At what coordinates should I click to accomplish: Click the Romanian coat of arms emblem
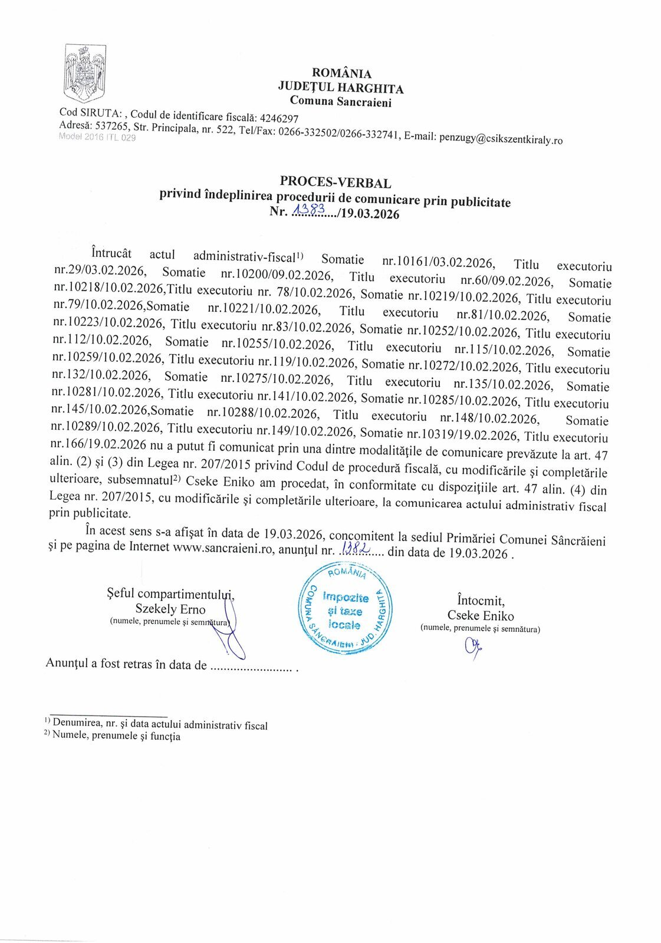(x=85, y=72)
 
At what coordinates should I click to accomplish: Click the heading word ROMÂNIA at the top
(x=341, y=73)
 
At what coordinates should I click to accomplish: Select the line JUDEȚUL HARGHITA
(x=341, y=88)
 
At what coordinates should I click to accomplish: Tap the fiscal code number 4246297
(x=279, y=118)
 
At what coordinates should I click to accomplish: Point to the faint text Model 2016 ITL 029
(x=97, y=137)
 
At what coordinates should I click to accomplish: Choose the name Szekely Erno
(x=170, y=609)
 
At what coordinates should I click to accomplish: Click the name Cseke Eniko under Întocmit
(x=481, y=615)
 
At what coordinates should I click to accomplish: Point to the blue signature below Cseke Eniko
(x=473, y=648)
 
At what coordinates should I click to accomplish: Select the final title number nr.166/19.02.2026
(x=98, y=444)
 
